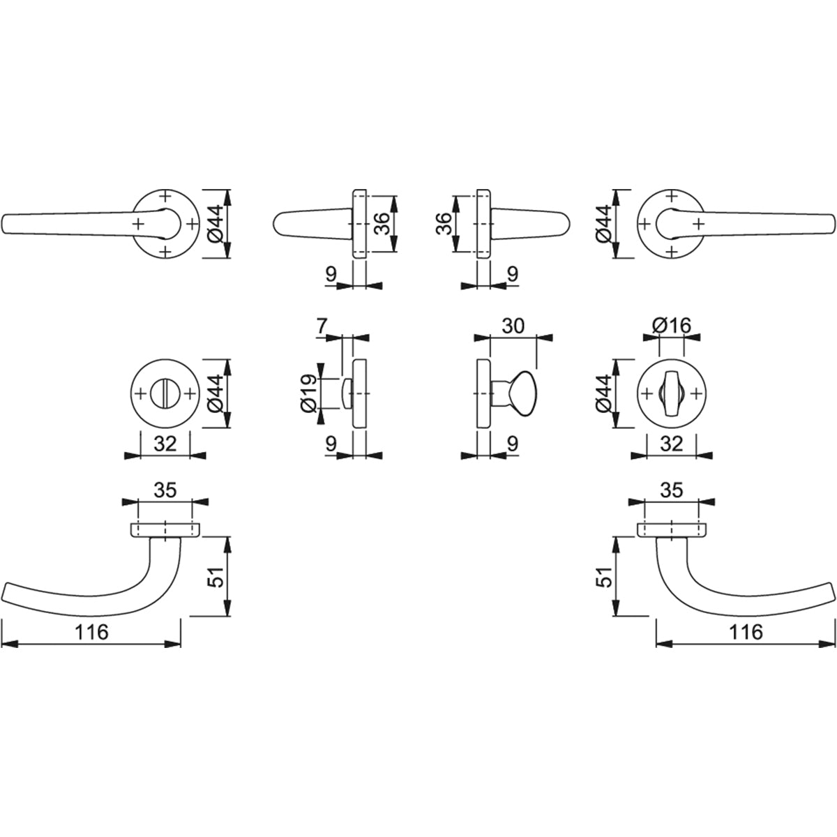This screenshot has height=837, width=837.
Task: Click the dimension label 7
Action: (x=322, y=326)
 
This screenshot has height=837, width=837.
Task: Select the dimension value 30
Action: (x=513, y=326)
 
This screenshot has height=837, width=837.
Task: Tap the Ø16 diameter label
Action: (x=671, y=326)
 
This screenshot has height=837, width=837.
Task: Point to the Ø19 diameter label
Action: (x=309, y=393)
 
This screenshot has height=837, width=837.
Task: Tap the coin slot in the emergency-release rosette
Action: (x=165, y=394)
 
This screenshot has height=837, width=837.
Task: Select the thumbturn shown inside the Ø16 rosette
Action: (x=671, y=393)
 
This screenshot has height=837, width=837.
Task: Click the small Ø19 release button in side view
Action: (x=347, y=393)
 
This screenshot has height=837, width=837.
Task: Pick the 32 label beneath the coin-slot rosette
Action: (x=165, y=444)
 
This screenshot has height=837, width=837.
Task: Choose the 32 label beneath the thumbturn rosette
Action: (x=671, y=444)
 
